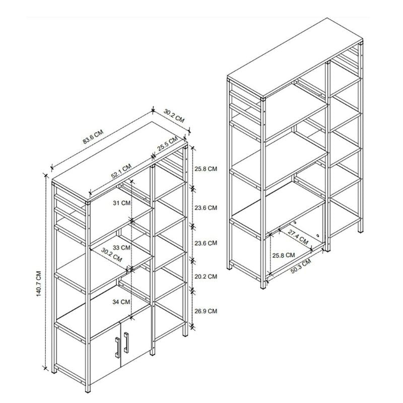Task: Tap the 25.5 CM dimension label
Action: (x=167, y=145)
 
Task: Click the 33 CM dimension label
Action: (x=122, y=247)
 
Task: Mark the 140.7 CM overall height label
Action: (x=39, y=285)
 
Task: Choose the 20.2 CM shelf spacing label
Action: (x=206, y=277)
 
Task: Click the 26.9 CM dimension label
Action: (x=206, y=312)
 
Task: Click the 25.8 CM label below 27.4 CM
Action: (x=283, y=255)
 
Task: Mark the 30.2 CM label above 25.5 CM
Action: (x=174, y=119)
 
